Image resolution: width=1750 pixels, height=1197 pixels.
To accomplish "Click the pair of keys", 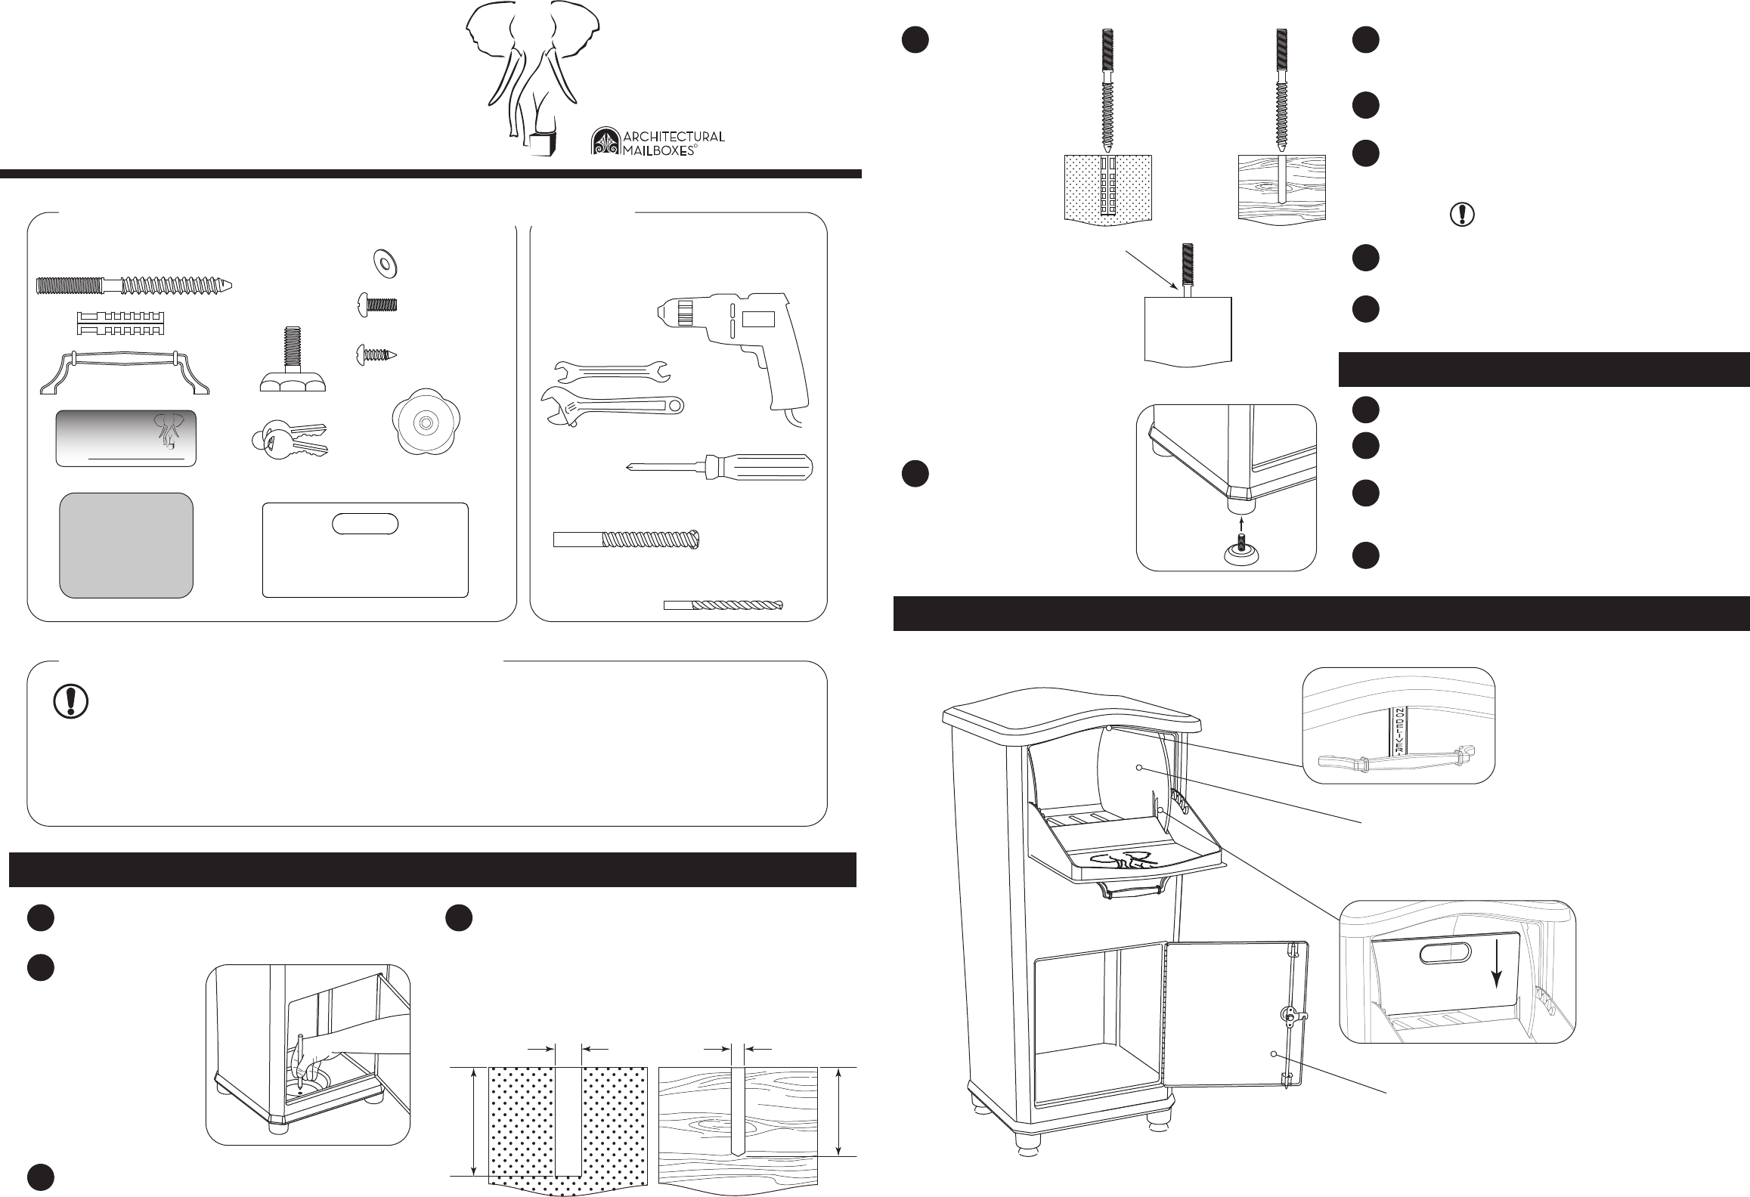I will pyautogui.click(x=289, y=441).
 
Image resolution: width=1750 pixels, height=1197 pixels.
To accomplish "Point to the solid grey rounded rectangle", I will pyautogui.click(x=126, y=545).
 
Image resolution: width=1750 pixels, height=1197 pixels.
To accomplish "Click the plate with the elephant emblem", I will pyautogui.click(x=125, y=438).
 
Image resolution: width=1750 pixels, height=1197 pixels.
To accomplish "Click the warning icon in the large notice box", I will pyautogui.click(x=70, y=702).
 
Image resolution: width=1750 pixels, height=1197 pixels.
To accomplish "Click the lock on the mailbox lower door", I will pyautogui.click(x=1290, y=1015).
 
